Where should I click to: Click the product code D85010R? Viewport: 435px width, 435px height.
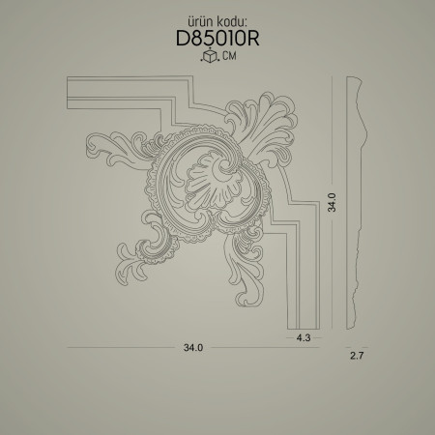pyautogui.click(x=217, y=39)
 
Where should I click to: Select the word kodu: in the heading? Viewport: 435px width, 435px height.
pyautogui.click(x=232, y=21)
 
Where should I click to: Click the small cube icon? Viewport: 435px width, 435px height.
pyautogui.click(x=210, y=56)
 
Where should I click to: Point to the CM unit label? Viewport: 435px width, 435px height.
pyautogui.click(x=229, y=56)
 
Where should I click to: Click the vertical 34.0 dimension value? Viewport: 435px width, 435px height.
pyautogui.click(x=332, y=202)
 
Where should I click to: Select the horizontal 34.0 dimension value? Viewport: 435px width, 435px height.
pyautogui.click(x=193, y=348)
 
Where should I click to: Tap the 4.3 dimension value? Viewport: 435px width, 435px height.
pyautogui.click(x=304, y=337)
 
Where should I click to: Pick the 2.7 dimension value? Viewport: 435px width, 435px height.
pyautogui.click(x=357, y=356)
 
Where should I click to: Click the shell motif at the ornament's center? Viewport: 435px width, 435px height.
pyautogui.click(x=214, y=182)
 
